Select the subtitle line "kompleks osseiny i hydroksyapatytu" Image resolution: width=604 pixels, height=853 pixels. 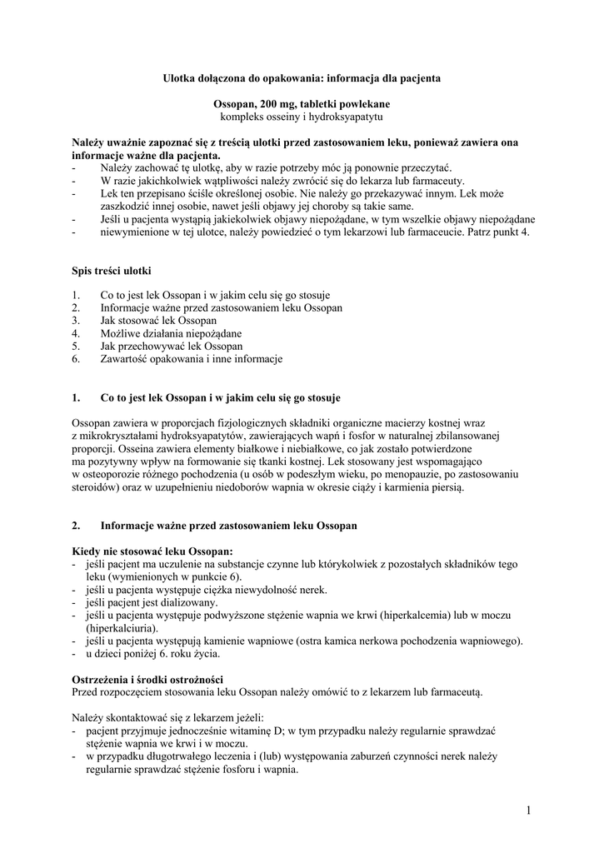click(301, 117)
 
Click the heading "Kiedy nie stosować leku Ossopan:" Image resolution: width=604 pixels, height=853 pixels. click(152, 551)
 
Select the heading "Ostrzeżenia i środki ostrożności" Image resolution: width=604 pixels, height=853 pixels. click(147, 680)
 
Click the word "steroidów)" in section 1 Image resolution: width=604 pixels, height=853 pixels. click(97, 487)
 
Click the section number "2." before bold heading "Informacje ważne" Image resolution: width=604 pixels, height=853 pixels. click(77, 526)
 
